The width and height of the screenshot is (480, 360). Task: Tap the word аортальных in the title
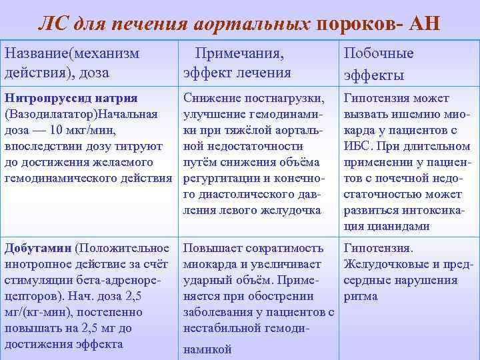(x=254, y=25)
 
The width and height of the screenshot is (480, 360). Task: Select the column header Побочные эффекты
(x=378, y=63)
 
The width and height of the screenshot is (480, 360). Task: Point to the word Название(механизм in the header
(x=72, y=53)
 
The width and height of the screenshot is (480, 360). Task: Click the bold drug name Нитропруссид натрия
(x=71, y=98)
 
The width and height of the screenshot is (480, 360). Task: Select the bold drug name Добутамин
(x=38, y=248)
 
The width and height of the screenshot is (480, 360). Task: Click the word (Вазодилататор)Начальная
(x=81, y=114)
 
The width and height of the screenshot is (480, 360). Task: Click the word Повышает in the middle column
(x=211, y=248)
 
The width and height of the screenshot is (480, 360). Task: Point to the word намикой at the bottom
(x=207, y=349)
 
